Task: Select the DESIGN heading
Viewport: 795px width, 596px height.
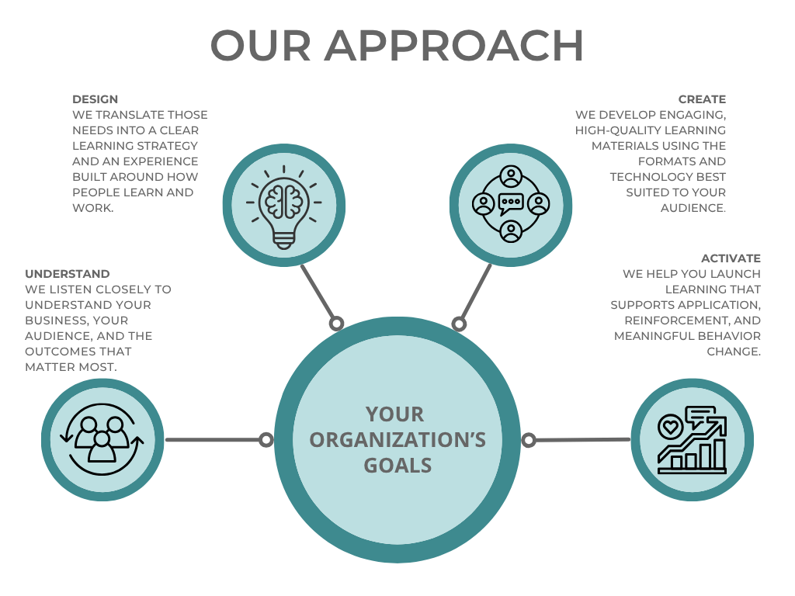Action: [95, 99]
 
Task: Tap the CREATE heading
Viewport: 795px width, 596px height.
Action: [702, 99]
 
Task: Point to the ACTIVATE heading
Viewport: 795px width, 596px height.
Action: [731, 258]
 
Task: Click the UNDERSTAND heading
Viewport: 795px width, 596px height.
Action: [68, 274]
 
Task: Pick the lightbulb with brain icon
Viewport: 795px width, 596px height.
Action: [284, 207]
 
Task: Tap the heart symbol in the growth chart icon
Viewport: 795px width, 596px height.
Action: [670, 427]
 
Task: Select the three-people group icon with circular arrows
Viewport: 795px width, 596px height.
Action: [102, 439]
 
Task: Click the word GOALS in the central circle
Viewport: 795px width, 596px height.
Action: [397, 466]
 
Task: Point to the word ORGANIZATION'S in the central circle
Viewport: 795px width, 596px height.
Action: [397, 440]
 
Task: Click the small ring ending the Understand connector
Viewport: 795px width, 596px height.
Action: [266, 440]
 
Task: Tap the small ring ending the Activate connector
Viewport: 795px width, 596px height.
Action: [529, 441]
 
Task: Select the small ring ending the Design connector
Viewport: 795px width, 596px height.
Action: [336, 324]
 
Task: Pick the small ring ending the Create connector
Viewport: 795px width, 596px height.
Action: [459, 324]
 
